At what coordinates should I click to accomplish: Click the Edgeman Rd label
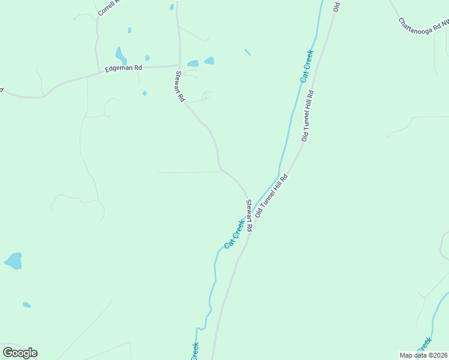(123, 68)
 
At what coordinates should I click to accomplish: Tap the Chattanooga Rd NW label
(424, 23)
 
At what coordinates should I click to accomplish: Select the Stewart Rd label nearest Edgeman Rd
(179, 87)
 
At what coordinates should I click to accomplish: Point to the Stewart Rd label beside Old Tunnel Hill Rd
(249, 216)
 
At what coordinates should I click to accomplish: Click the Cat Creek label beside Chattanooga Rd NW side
(307, 67)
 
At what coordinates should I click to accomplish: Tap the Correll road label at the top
(106, 7)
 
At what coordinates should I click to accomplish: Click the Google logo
(20, 353)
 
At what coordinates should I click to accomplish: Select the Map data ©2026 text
(423, 355)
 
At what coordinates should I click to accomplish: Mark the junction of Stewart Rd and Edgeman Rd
(178, 65)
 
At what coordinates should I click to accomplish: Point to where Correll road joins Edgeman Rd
(98, 73)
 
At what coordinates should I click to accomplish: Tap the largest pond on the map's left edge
(13, 261)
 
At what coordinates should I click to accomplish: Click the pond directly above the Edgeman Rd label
(121, 56)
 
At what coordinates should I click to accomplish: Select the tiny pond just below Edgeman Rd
(145, 93)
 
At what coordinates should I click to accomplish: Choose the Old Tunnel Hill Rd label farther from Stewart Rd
(308, 116)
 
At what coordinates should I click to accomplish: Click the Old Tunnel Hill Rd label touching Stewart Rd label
(272, 196)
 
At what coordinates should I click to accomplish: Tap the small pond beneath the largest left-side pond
(26, 305)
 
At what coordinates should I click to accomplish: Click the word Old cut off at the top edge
(337, 6)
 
